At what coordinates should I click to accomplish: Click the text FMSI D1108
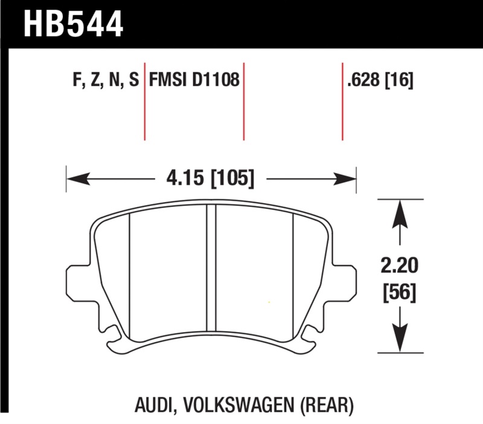tap(194, 81)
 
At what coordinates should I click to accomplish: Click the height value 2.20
tap(398, 266)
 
